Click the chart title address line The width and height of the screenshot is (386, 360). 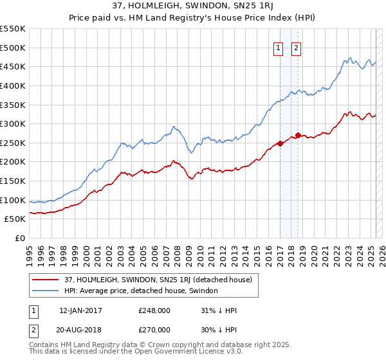pyautogui.click(x=192, y=7)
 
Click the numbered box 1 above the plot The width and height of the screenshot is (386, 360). pyautogui.click(x=279, y=47)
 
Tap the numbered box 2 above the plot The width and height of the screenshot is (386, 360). pyautogui.click(x=297, y=47)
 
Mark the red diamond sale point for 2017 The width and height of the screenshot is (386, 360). pyautogui.click(x=280, y=143)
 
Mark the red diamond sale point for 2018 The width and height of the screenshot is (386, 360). pyautogui.click(x=298, y=135)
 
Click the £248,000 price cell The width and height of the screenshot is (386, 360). pyautogui.click(x=154, y=310)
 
